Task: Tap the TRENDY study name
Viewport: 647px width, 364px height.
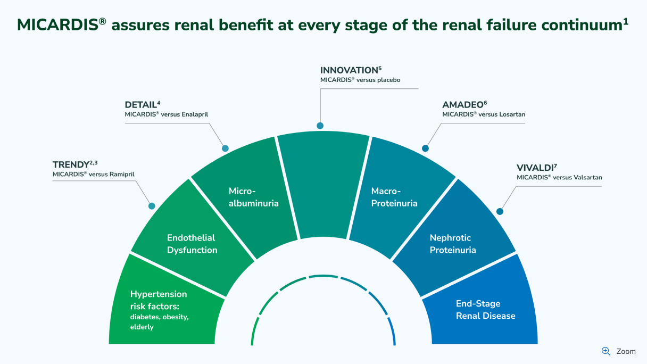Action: pyautogui.click(x=71, y=165)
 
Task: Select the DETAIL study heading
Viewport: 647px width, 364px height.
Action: pyautogui.click(x=140, y=105)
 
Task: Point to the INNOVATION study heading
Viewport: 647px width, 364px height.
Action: pyautogui.click(x=349, y=70)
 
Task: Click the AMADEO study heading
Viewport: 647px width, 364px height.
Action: pyautogui.click(x=461, y=105)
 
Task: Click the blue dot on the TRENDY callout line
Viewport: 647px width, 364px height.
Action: pyautogui.click(x=152, y=206)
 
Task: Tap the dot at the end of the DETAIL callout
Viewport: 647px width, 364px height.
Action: pyautogui.click(x=225, y=148)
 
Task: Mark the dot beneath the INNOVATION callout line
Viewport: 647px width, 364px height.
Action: pyautogui.click(x=320, y=126)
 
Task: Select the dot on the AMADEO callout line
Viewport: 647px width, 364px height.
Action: pyautogui.click(x=425, y=148)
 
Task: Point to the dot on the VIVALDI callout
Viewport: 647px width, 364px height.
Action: pyautogui.click(x=500, y=211)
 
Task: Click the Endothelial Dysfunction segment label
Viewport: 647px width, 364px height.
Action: pyautogui.click(x=192, y=244)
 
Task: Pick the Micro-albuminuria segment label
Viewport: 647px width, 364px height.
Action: pyautogui.click(x=253, y=197)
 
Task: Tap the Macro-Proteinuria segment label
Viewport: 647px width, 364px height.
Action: pyautogui.click(x=394, y=197)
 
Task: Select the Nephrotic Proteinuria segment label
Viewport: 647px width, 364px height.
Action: pyautogui.click(x=453, y=244)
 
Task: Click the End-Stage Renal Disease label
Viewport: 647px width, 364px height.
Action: pyautogui.click(x=485, y=310)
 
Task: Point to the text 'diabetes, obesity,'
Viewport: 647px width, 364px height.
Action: pyautogui.click(x=159, y=317)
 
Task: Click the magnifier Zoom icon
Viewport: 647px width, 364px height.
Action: pyautogui.click(x=606, y=351)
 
